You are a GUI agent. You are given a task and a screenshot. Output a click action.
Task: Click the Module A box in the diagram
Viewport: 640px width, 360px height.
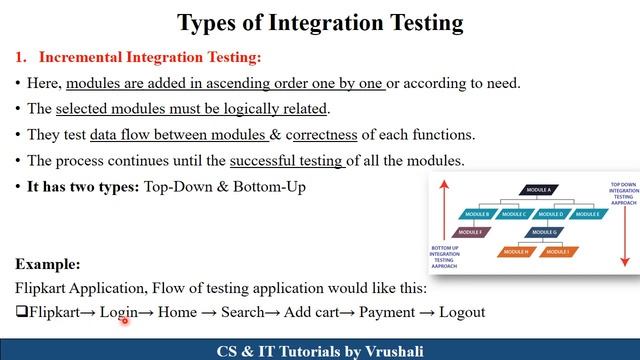pos(538,190)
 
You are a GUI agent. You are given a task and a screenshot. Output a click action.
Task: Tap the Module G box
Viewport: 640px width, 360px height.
pos(543,232)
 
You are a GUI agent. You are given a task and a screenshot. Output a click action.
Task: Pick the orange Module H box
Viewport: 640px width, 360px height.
pos(516,251)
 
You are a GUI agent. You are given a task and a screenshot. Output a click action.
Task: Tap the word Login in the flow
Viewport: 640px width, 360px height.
pos(118,312)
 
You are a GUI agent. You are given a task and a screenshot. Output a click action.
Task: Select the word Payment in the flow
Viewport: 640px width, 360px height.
pos(386,312)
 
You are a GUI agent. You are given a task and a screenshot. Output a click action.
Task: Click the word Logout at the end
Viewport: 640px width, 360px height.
pos(461,312)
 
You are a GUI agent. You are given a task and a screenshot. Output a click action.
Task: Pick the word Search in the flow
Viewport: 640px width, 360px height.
pos(243,312)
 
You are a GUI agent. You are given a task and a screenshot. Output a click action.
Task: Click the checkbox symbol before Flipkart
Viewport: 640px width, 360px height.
pos(21,312)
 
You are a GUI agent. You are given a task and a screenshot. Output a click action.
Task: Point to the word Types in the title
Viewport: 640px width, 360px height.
pos(208,22)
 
